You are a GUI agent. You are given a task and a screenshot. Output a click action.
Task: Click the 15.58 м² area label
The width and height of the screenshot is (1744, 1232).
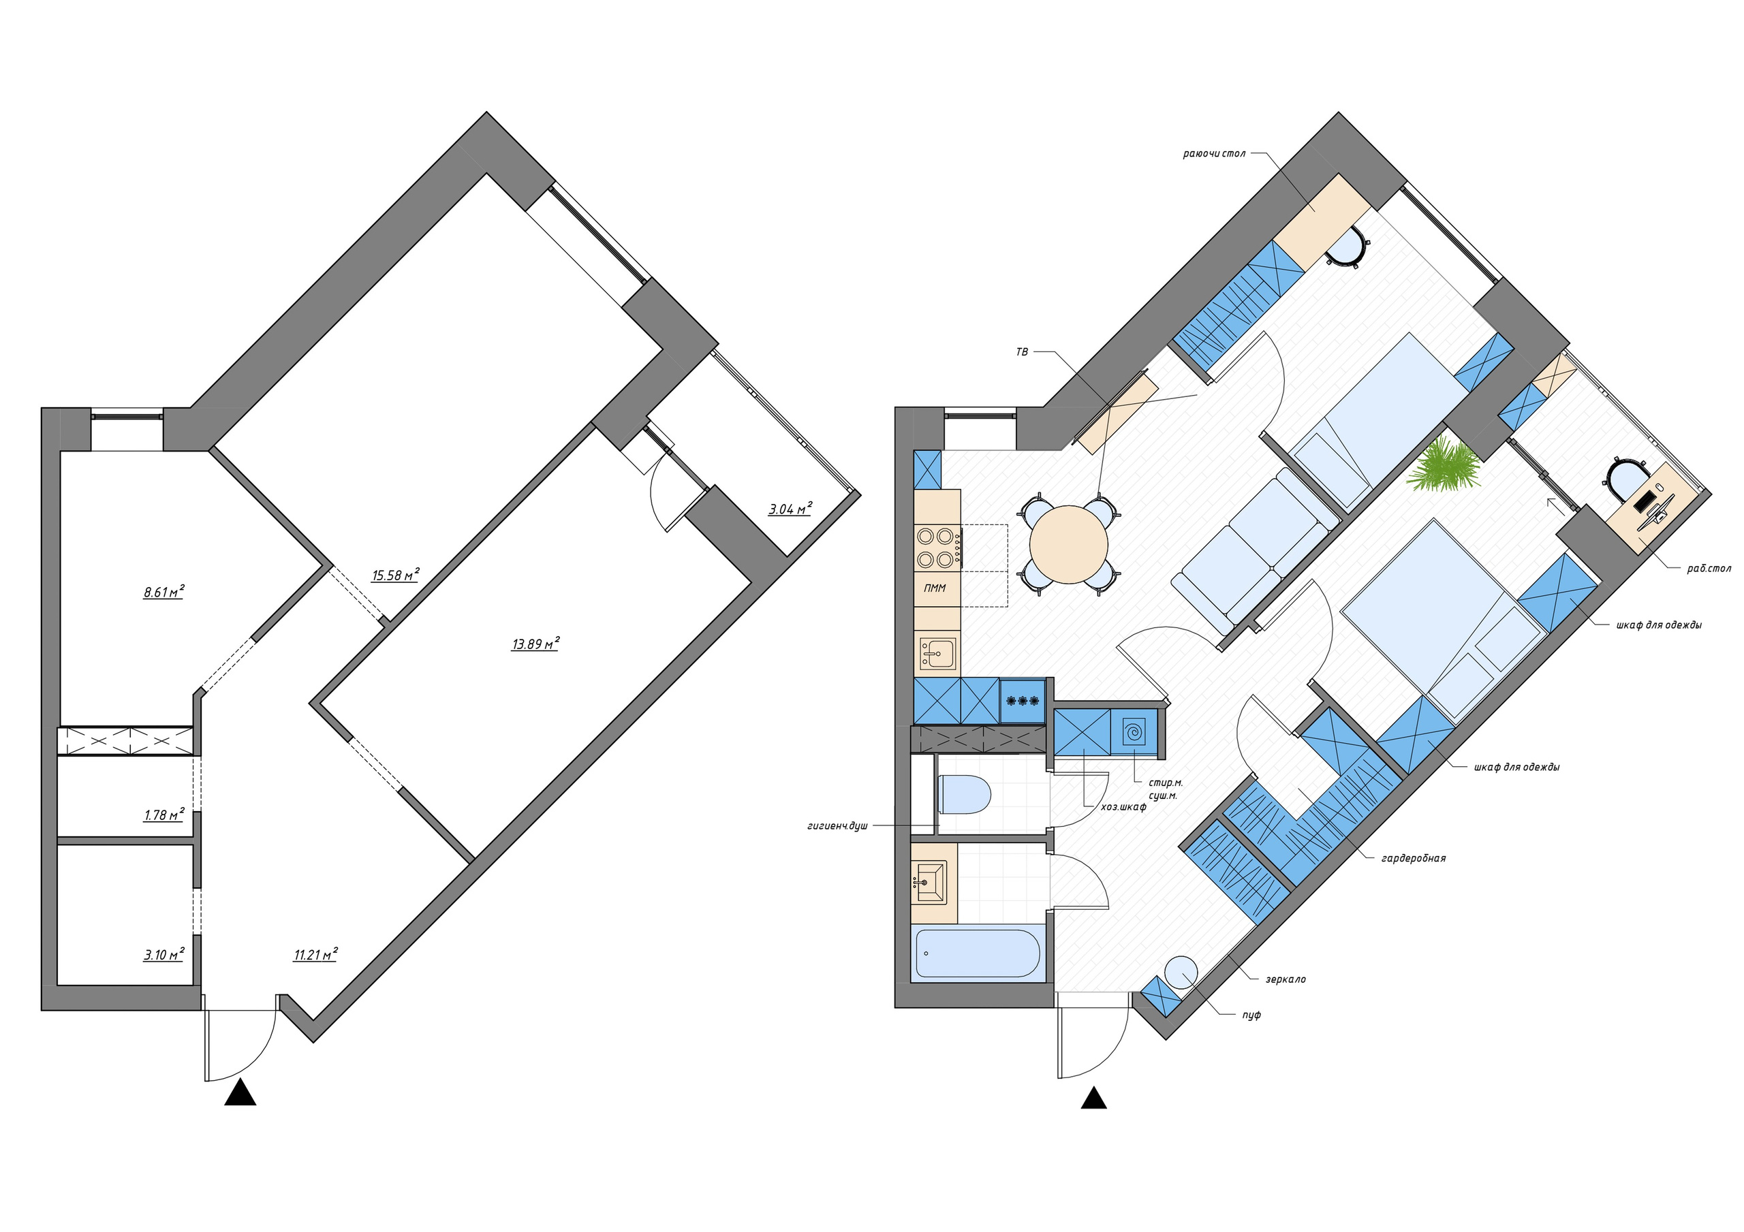(395, 575)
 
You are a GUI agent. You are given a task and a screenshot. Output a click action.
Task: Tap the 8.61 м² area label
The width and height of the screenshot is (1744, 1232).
(164, 592)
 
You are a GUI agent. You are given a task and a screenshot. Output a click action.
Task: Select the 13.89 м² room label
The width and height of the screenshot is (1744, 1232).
(535, 644)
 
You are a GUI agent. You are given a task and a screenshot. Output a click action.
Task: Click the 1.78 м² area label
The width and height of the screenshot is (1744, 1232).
(164, 815)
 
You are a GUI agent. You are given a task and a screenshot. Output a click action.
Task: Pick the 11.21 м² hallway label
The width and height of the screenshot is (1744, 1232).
(315, 955)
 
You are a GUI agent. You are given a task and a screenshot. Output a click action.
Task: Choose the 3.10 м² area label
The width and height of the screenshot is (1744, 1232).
(164, 955)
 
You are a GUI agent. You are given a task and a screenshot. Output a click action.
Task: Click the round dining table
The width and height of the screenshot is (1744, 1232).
(1069, 545)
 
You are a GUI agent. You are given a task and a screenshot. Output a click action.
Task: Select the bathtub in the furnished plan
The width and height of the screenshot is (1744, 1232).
(978, 954)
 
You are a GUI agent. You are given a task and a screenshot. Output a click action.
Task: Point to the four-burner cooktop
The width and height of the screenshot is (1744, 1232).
(936, 548)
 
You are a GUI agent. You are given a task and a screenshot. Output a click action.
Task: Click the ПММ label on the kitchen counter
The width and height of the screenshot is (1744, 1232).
(935, 588)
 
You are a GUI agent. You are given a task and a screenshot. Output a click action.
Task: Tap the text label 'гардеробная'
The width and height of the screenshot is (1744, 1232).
(1414, 858)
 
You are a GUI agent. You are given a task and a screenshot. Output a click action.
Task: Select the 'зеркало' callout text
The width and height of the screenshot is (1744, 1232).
(1286, 979)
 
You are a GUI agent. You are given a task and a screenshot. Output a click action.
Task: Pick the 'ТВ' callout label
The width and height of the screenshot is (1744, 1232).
(1022, 351)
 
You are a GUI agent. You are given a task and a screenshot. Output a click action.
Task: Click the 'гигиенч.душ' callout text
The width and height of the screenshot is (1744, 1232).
(837, 825)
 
